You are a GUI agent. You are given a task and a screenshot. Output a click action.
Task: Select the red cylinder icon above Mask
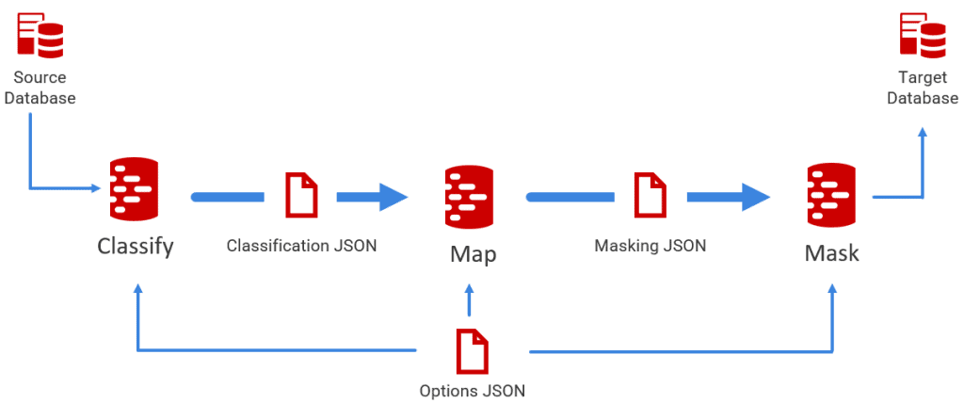[831, 195]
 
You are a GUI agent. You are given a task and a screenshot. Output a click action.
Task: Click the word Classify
[136, 248]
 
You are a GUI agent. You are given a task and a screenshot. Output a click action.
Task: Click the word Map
[473, 254]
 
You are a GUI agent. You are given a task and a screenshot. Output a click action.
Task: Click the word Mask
[831, 252]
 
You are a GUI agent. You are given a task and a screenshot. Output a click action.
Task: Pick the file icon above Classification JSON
[301, 195]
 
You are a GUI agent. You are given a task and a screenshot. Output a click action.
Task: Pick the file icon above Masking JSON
[650, 195]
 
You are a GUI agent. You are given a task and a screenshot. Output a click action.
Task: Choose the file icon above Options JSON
[473, 351]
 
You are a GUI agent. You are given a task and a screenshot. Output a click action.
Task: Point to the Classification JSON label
[301, 246]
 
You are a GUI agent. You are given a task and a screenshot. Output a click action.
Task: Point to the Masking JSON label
[650, 246]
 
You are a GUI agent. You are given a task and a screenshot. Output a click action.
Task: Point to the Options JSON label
[473, 390]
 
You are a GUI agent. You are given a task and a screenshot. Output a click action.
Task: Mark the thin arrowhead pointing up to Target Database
[922, 137]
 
